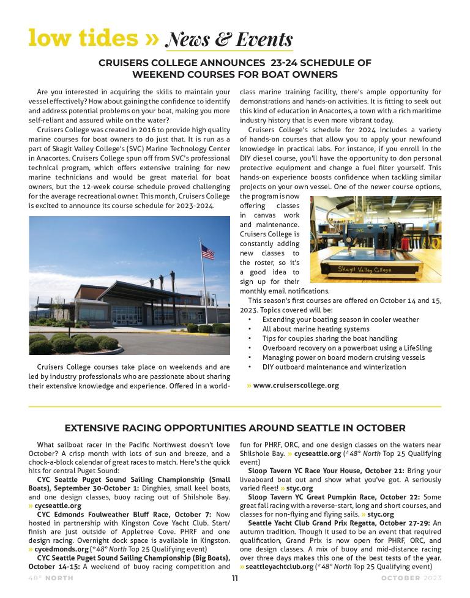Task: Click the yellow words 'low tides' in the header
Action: coord(83,38)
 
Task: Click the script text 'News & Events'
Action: coord(229,40)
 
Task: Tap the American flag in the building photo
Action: coord(208,251)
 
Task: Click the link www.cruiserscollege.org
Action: coord(296,386)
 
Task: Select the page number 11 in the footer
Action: coord(235,578)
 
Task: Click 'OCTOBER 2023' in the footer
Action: coord(411,578)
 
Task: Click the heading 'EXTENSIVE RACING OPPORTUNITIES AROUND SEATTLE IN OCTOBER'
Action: coord(235,428)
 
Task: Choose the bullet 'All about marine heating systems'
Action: coord(316,329)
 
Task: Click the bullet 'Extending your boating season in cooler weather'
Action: coord(341,320)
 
